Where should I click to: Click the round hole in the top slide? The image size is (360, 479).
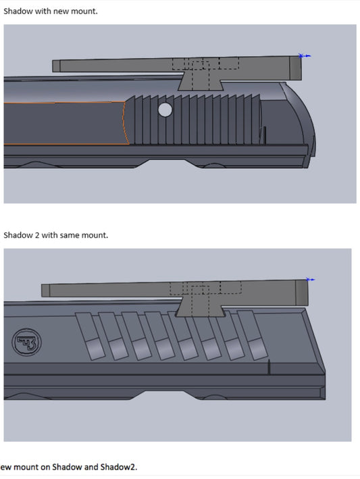tap(165, 109)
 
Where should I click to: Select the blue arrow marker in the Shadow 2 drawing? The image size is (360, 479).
tap(311, 279)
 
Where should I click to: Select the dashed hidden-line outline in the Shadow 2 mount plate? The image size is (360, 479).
tap(205, 288)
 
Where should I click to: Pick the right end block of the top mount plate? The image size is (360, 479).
tap(294, 66)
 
